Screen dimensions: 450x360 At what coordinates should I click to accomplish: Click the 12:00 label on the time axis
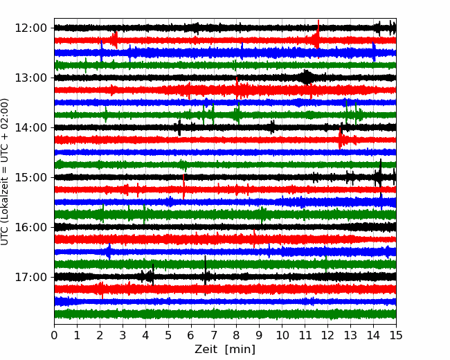tap(30, 28)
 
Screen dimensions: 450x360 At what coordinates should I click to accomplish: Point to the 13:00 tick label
tap(30, 78)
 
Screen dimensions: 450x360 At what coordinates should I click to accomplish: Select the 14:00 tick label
tap(30, 128)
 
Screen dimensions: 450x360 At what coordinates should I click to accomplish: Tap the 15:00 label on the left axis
tap(30, 177)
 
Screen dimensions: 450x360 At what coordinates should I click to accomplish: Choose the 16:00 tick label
tap(30, 227)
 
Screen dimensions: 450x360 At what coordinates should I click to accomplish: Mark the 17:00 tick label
tap(30, 278)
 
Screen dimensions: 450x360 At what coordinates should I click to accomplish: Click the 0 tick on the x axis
tap(54, 335)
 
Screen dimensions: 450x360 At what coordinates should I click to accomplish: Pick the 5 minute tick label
tap(168, 335)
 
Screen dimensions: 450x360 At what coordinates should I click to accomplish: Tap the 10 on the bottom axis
tap(282, 335)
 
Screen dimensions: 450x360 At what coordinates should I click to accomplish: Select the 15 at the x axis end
tap(396, 335)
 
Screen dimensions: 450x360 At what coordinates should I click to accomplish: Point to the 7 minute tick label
tap(214, 335)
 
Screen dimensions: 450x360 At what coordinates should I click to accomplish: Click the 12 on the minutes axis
tap(327, 335)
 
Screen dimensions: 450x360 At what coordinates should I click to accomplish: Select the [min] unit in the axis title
tap(240, 350)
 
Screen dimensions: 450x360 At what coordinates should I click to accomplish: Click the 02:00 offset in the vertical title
tap(4, 113)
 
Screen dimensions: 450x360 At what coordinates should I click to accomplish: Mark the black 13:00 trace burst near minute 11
tap(307, 78)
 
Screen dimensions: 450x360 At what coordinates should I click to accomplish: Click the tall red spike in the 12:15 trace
tap(318, 39)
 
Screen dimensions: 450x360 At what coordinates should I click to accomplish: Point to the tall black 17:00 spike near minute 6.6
tap(205, 275)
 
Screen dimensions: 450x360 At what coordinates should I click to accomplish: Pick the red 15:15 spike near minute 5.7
tap(183, 187)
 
